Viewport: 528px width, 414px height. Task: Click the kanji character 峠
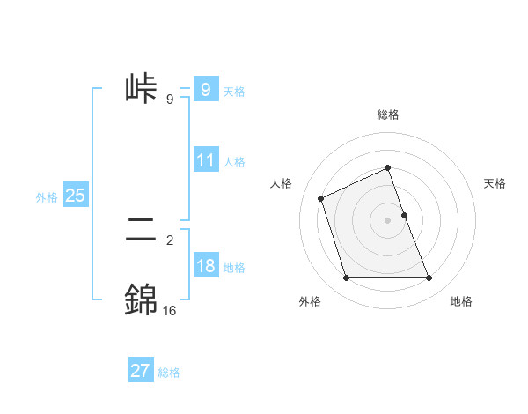pos(142,89)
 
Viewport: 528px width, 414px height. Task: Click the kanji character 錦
pos(142,299)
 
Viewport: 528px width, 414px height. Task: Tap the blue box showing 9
pos(205,90)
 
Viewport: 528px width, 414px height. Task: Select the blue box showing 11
pos(205,160)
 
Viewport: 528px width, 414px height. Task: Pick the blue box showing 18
pos(205,266)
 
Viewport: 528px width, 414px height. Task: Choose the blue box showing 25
pos(75,196)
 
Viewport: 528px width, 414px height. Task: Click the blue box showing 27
pos(141,371)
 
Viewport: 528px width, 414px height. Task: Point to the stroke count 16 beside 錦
pos(169,310)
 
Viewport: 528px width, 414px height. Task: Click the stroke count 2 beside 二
pos(169,239)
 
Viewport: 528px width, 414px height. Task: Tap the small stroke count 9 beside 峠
pos(169,100)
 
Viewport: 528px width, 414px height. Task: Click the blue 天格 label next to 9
pos(234,92)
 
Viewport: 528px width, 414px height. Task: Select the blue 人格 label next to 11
pos(234,162)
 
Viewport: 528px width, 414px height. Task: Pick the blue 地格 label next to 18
pos(234,268)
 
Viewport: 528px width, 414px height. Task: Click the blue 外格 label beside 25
pos(47,197)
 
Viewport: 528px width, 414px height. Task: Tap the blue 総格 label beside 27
pos(169,373)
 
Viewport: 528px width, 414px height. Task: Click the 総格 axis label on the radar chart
pos(387,115)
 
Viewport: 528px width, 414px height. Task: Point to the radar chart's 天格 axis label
pos(495,183)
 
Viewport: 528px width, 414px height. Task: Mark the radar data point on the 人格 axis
pos(321,198)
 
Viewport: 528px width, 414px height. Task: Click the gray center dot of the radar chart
pos(387,219)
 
